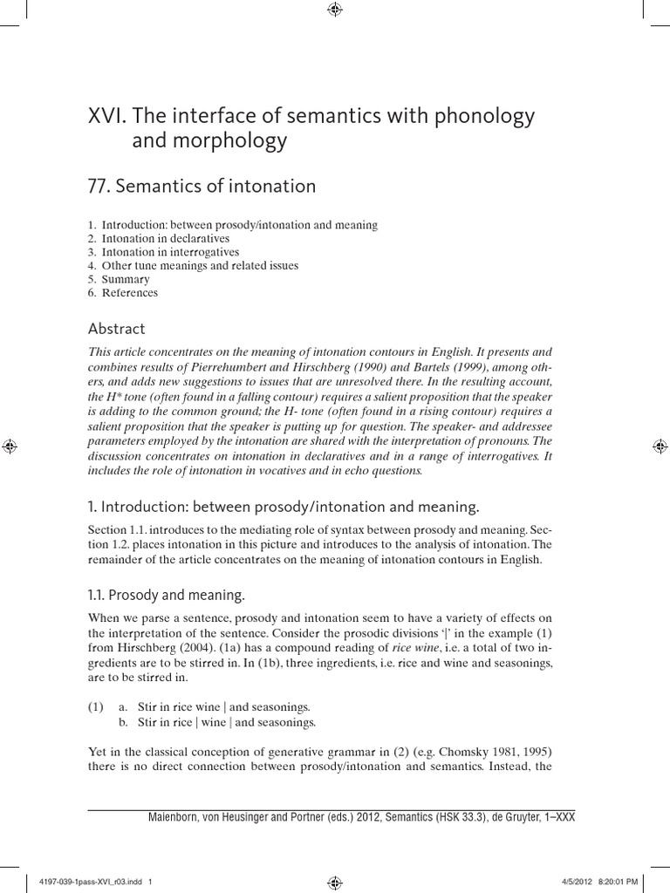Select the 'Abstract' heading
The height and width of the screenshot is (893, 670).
[117, 329]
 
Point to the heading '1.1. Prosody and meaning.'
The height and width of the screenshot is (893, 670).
[167, 595]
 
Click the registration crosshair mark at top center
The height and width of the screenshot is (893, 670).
[335, 10]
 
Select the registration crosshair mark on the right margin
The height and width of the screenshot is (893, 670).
[660, 446]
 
